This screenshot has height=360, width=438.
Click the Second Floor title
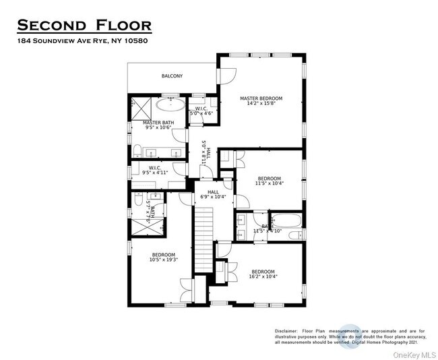[x=84, y=26]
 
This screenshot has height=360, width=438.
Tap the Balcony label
[x=172, y=76]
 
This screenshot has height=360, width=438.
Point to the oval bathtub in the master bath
[x=171, y=104]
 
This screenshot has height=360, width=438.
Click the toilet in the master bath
[x=137, y=150]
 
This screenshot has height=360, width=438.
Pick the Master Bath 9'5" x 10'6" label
[x=159, y=125]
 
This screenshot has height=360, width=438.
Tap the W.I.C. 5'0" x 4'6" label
[x=201, y=112]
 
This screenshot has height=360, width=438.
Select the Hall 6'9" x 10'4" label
[x=213, y=196]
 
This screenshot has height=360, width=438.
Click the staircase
[x=204, y=239]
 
